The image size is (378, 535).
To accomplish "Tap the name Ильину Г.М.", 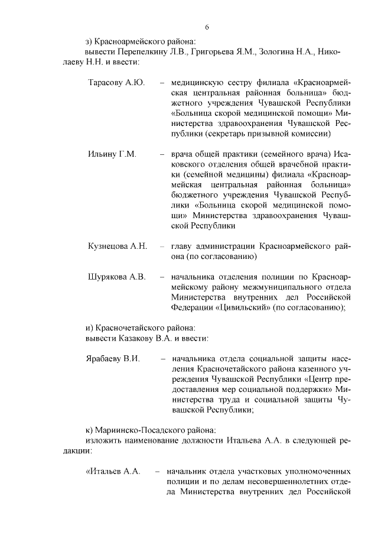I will tap(112, 154).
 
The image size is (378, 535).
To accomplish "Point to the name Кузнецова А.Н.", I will tap(117, 246).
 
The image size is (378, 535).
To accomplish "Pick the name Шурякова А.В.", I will tap(116, 277).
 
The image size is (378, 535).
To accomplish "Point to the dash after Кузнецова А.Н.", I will tap(162, 246).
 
